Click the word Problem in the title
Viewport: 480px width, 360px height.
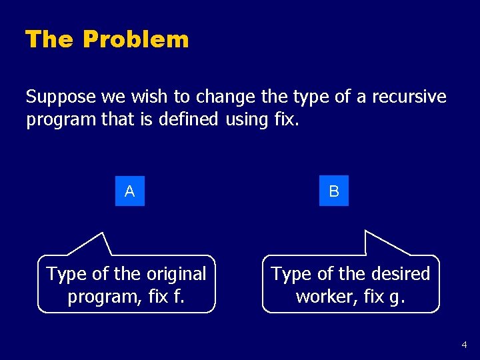click(136, 40)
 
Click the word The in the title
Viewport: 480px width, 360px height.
click(49, 39)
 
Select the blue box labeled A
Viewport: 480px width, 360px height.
click(129, 191)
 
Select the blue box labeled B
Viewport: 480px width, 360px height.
click(334, 191)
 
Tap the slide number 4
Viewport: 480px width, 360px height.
click(464, 345)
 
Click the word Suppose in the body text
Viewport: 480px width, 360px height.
click(61, 97)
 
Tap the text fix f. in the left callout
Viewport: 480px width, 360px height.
click(169, 295)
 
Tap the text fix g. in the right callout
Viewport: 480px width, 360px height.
click(386, 295)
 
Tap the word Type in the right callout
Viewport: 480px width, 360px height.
click(291, 274)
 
